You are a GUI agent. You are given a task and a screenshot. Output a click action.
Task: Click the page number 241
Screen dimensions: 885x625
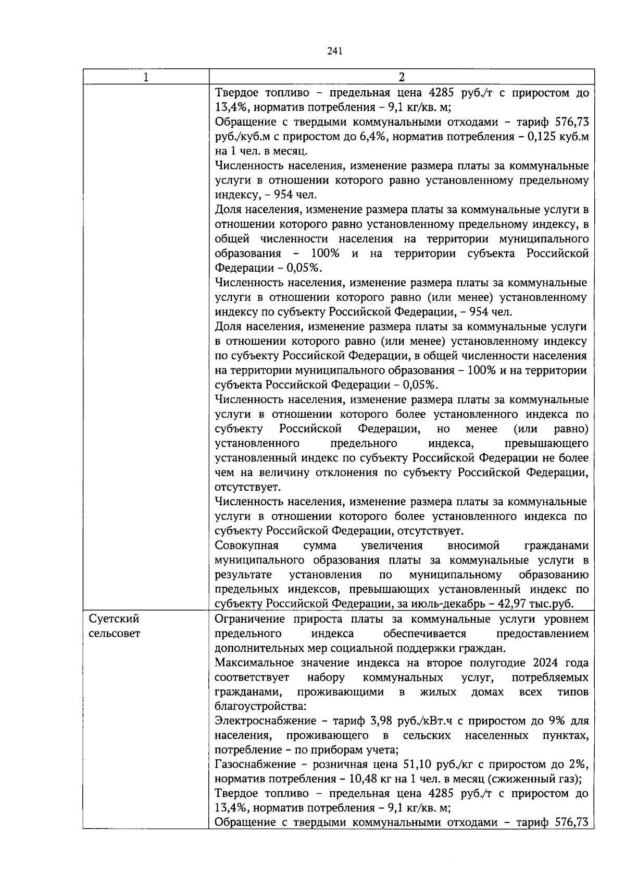point(334,51)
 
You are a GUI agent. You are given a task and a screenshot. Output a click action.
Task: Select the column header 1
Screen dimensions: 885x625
point(146,77)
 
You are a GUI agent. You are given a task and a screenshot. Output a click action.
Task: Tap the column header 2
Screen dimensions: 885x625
point(401,77)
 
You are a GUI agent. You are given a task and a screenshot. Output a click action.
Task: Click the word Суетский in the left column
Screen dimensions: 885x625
point(114,619)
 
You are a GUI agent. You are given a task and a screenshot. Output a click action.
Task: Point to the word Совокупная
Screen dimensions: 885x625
point(246,545)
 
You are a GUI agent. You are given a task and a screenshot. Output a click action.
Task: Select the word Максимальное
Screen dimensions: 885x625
point(255,663)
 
